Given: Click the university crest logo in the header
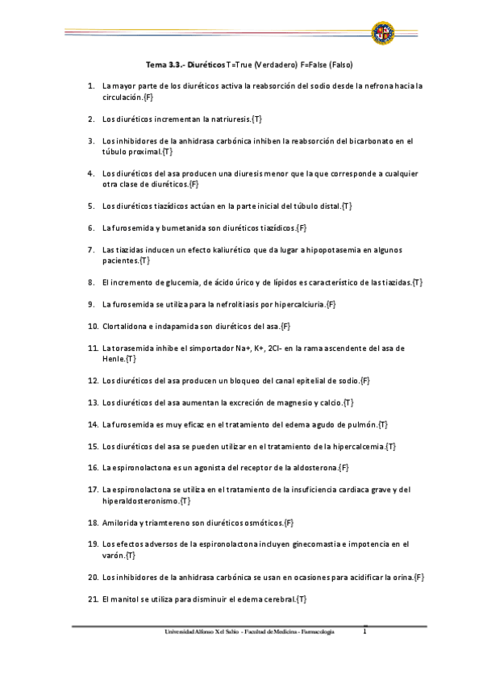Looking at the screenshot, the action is coord(382,33).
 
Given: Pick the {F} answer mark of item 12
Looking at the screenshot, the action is coord(365,379).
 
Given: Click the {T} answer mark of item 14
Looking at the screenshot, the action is coord(383,423).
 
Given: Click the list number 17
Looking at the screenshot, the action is coord(92,489).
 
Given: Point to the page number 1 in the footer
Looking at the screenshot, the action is coord(364,632).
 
